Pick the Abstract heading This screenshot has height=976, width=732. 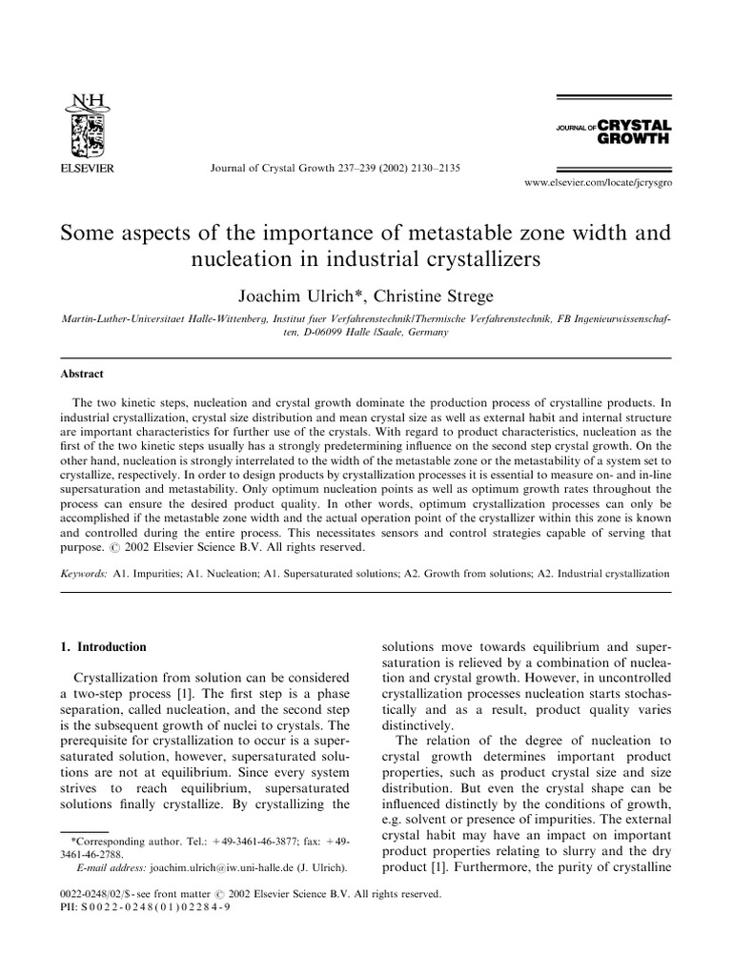pos(82,375)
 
